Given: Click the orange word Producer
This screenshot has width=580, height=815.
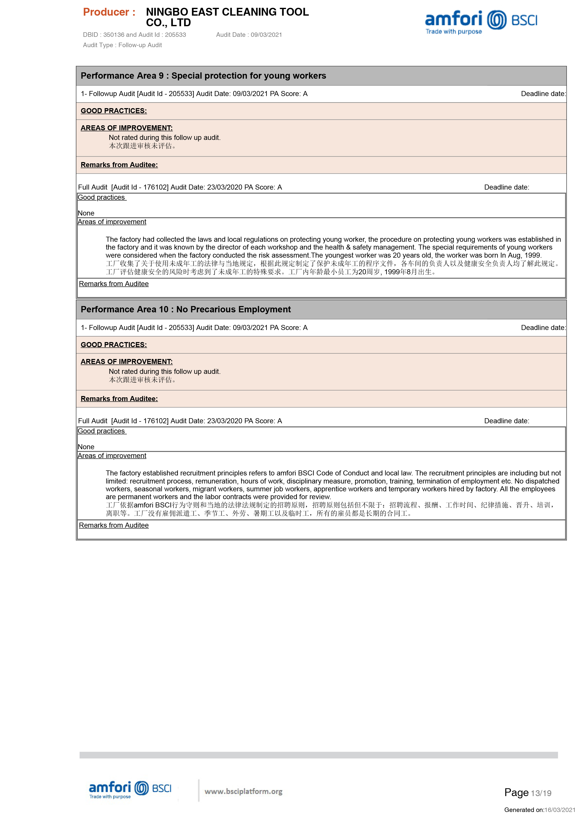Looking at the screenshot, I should click(109, 12).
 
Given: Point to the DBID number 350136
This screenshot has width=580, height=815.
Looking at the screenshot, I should click(113, 35).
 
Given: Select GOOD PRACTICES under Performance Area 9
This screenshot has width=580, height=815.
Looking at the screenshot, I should click(113, 111).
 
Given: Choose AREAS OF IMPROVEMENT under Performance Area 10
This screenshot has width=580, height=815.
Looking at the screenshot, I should click(126, 362).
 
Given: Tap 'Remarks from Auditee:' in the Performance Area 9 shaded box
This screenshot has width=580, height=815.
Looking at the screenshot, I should click(119, 165).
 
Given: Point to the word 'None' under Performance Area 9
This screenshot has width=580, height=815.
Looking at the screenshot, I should click(86, 213).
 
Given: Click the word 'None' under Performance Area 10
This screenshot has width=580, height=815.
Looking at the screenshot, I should click(86, 447).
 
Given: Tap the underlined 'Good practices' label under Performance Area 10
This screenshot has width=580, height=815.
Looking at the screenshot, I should click(101, 431).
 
